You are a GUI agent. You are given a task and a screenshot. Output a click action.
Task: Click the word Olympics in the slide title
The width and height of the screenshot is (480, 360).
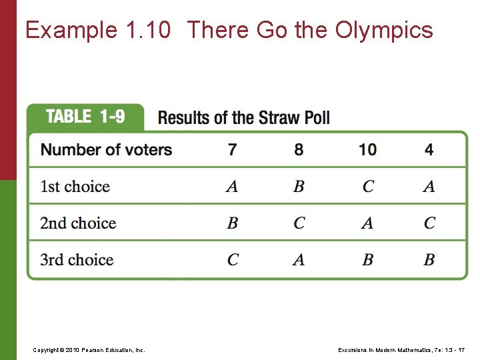pyautogui.click(x=384, y=30)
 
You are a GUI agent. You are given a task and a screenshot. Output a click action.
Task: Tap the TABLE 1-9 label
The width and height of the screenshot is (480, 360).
pyautogui.click(x=85, y=117)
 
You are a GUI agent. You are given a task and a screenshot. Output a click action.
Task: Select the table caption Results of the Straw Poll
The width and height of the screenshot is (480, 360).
pyautogui.click(x=243, y=118)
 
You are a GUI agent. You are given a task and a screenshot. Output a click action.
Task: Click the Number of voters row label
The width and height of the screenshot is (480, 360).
pyautogui.click(x=106, y=149)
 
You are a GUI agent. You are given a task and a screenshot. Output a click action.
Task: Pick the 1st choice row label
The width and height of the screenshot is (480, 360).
pyautogui.click(x=75, y=186)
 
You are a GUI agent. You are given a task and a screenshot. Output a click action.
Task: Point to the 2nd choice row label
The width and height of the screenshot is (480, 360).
pyautogui.click(x=77, y=223)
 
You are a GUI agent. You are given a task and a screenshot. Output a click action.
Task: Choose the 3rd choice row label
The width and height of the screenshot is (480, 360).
pyautogui.click(x=77, y=259)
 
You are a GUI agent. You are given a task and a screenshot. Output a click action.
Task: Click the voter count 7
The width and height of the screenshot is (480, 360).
pyautogui.click(x=232, y=149)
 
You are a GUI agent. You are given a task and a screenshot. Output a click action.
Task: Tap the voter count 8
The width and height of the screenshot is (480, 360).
pyautogui.click(x=299, y=149)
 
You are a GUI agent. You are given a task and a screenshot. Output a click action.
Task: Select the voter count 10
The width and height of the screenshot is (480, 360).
pyautogui.click(x=367, y=149)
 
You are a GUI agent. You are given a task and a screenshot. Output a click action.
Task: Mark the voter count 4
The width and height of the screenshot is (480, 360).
pyautogui.click(x=429, y=149)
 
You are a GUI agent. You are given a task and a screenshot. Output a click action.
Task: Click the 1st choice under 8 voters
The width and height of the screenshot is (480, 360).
pyautogui.click(x=299, y=187)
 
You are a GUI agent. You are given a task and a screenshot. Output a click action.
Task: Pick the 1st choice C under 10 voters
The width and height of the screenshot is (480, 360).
pyautogui.click(x=368, y=187)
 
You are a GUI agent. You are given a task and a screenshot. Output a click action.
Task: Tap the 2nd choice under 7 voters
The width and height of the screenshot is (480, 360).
pyautogui.click(x=232, y=223)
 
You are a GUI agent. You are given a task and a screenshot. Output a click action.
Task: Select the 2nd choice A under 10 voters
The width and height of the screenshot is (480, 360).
pyautogui.click(x=367, y=223)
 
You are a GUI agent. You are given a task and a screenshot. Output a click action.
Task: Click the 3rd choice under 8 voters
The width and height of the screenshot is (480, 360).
pyautogui.click(x=299, y=260)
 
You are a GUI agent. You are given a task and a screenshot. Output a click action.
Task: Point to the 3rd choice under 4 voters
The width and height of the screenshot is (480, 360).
pyautogui.click(x=429, y=260)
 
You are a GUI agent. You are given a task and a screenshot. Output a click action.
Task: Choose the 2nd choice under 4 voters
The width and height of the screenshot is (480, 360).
pyautogui.click(x=429, y=223)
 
